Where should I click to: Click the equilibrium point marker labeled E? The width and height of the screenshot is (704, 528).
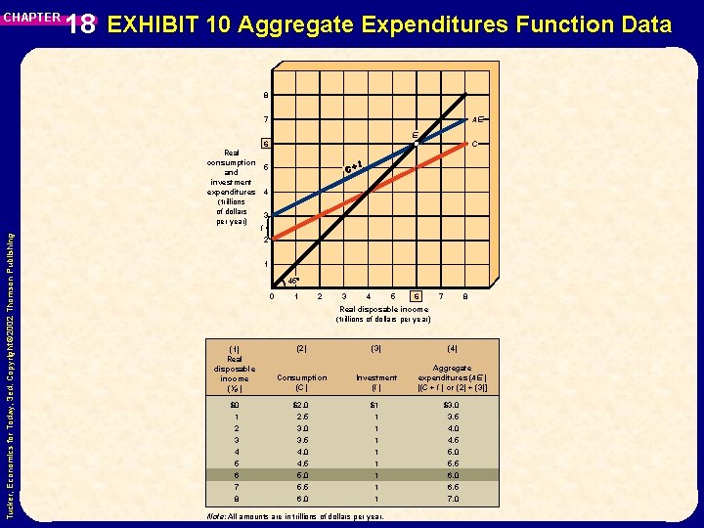(416, 144)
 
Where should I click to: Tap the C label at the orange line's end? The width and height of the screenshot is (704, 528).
(474, 144)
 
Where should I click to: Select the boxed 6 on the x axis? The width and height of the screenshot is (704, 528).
(417, 297)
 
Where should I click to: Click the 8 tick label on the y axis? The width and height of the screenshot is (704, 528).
(265, 95)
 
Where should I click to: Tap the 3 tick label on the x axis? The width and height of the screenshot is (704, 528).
(343, 297)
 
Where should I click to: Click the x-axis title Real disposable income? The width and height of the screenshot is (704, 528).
(382, 309)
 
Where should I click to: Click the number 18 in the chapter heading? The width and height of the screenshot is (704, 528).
(83, 24)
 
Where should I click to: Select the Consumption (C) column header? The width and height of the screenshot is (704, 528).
(302, 382)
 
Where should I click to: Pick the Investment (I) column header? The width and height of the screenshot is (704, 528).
(376, 382)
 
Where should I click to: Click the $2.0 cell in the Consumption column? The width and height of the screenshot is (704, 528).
(302, 404)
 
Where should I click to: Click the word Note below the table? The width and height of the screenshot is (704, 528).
(217, 515)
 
